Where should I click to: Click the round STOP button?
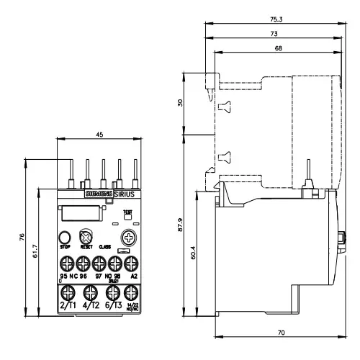(64, 236)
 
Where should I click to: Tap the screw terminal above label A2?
(131, 263)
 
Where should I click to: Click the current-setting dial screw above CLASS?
(129, 236)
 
